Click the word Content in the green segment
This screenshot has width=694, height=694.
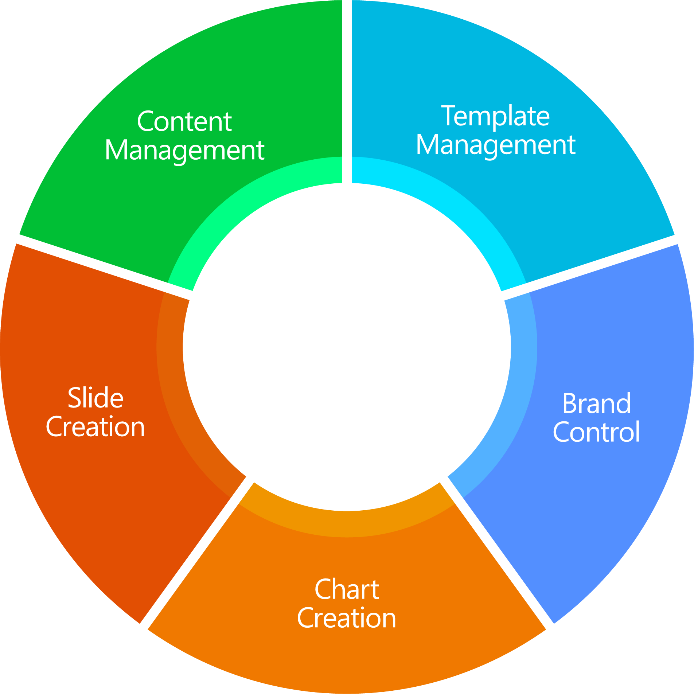[x=184, y=121]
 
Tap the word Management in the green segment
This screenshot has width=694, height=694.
[x=184, y=150]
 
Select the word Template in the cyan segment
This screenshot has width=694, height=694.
[x=495, y=116]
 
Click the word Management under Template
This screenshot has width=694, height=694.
[x=496, y=145]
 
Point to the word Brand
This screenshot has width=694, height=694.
[x=596, y=403]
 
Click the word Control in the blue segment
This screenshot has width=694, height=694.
[x=596, y=432]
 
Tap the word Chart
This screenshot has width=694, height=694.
[x=347, y=589]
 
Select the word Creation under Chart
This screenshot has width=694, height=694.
[x=347, y=618]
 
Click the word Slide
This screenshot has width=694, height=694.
[x=95, y=398]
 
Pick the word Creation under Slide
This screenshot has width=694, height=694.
[x=95, y=426]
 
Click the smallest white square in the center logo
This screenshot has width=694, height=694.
[x=319, y=374]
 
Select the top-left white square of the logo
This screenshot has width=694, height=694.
[x=309, y=334]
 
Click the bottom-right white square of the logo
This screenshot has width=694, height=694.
[x=359, y=385]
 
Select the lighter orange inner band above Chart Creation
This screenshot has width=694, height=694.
[x=347, y=523]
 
